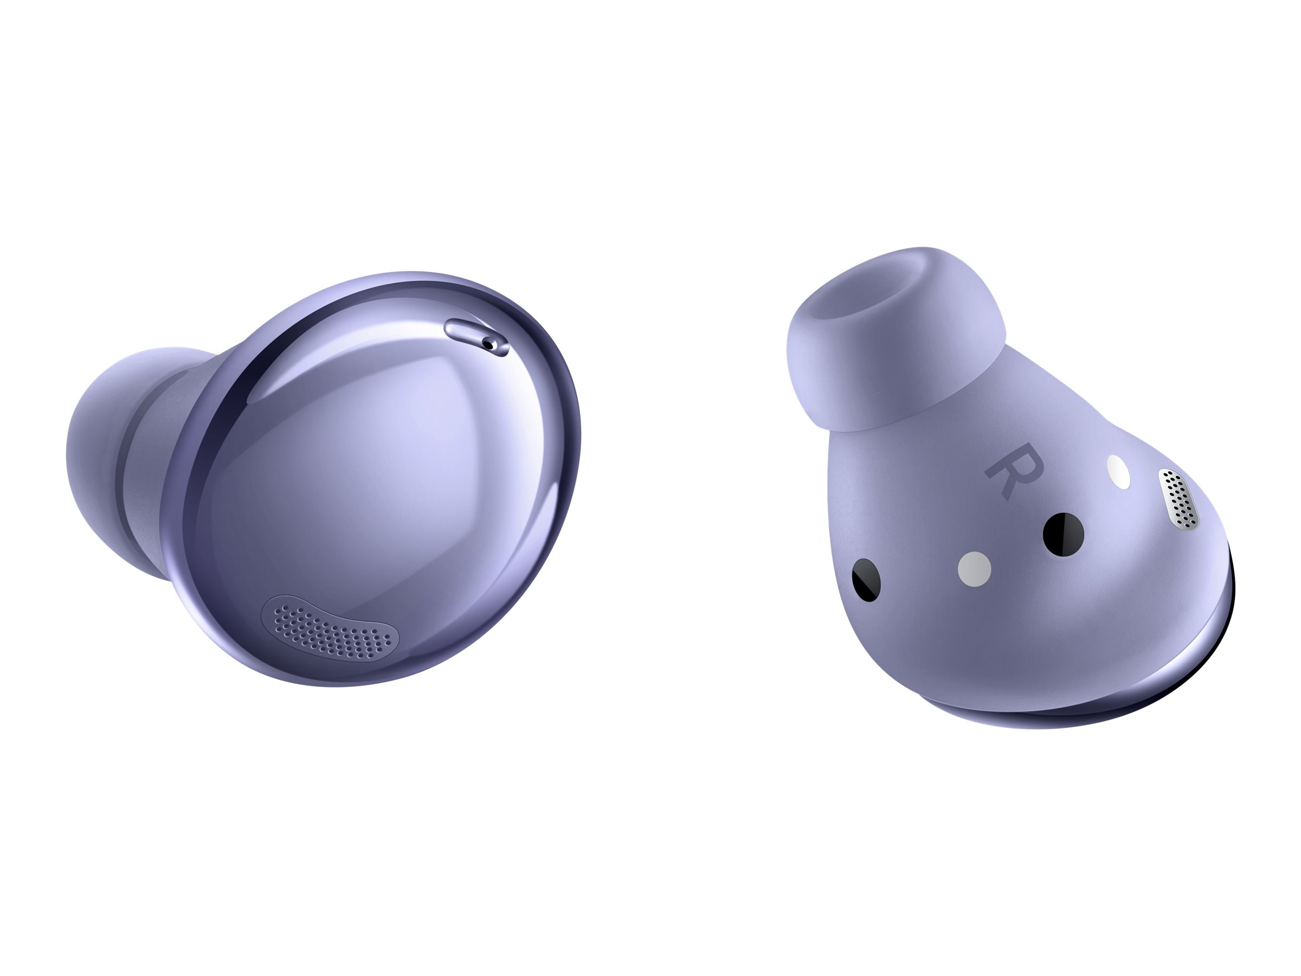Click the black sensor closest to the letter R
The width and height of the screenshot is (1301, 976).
[1064, 531]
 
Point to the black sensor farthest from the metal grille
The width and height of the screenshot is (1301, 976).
[866, 580]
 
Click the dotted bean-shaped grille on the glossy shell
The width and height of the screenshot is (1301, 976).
[330, 627]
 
